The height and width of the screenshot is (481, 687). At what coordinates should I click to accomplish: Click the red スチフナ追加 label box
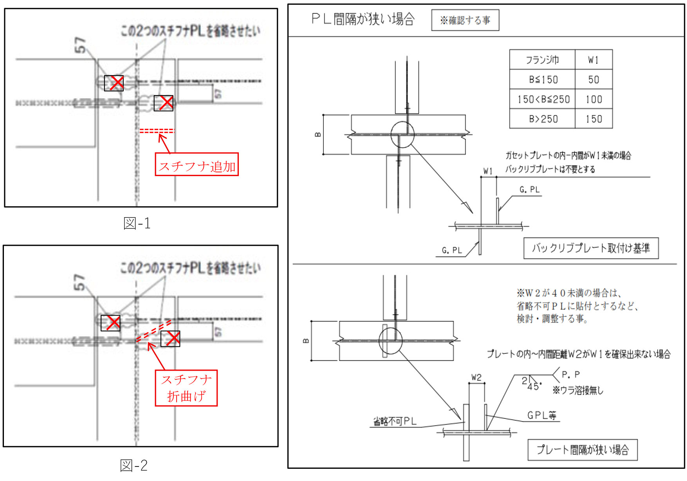tap(197, 164)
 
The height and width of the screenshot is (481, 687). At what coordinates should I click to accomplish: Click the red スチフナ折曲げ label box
tap(186, 388)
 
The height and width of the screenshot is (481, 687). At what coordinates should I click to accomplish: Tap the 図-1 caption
tap(137, 223)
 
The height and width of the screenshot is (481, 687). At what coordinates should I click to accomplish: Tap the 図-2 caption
tap(134, 465)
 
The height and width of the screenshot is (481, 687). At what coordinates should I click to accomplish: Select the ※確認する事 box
tap(465, 20)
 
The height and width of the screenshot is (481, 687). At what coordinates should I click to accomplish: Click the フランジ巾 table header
tap(542, 60)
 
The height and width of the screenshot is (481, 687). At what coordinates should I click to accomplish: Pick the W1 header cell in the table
tap(593, 60)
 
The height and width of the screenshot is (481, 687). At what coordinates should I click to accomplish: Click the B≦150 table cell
tap(543, 80)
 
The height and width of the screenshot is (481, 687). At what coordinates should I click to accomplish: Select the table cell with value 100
tap(593, 99)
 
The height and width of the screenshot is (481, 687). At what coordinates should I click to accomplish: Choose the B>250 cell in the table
tap(543, 119)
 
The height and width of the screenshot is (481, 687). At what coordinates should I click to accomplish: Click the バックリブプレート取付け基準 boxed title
tap(591, 248)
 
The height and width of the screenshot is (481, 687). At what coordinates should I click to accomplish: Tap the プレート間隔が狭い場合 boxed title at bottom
tap(582, 450)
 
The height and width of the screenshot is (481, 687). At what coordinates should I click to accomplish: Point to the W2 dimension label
tap(476, 378)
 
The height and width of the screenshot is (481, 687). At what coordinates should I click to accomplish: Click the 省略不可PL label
tap(395, 422)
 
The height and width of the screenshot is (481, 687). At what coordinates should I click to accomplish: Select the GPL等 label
tap(542, 416)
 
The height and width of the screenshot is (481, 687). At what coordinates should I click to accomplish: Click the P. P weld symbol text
tap(570, 375)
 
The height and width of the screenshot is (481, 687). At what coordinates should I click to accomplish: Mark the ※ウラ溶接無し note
tap(578, 390)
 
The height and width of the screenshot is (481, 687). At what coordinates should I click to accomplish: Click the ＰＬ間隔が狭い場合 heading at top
tap(363, 19)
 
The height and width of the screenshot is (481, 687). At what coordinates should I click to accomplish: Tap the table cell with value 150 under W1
tap(593, 119)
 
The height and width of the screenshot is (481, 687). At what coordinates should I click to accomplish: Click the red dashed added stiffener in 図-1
tap(157, 131)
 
